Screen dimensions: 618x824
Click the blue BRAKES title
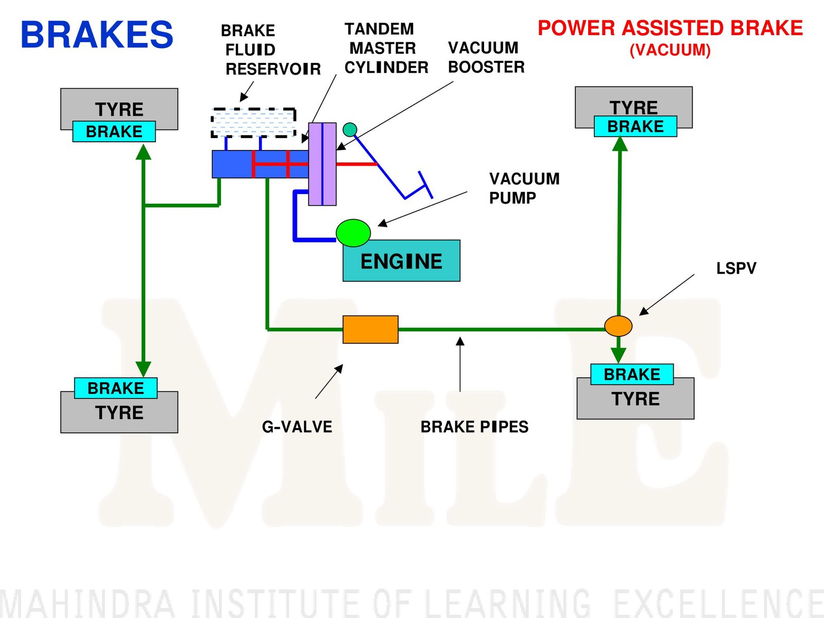(97, 35)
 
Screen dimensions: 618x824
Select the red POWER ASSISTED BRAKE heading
(670, 28)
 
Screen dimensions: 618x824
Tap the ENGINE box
(401, 261)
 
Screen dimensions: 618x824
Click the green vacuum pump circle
(353, 232)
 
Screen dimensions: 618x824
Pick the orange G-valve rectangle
(370, 329)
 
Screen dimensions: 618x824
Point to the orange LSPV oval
(618, 326)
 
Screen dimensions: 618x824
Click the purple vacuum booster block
(322, 164)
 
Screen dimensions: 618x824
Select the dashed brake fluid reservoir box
(253, 123)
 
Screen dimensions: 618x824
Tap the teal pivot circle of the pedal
(350, 129)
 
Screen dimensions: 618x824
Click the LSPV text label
(736, 269)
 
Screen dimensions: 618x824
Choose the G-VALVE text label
(297, 427)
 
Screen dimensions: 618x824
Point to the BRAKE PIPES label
(474, 427)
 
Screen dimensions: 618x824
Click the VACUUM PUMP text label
(524, 188)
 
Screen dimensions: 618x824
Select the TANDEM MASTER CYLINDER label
(386, 48)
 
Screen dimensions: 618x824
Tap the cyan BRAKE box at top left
(114, 131)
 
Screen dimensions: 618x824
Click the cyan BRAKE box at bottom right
(632, 374)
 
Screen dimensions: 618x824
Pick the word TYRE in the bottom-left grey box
(119, 413)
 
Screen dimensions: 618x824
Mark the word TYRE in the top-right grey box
(634, 107)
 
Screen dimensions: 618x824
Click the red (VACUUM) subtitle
(670, 51)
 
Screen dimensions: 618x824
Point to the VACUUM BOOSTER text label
(486, 57)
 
